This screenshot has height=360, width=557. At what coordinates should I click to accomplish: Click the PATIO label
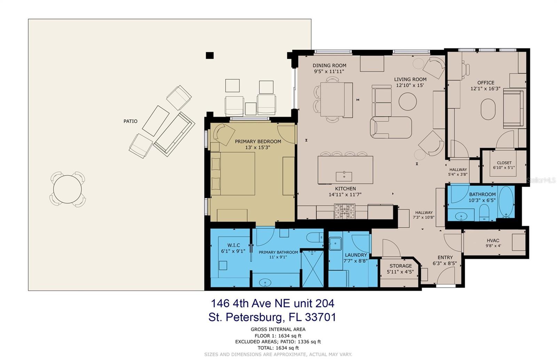point(130,121)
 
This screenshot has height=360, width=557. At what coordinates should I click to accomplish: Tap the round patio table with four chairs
point(68,189)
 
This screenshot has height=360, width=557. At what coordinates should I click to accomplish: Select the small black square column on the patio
point(210,55)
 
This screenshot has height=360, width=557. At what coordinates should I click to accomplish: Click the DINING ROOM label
point(329,66)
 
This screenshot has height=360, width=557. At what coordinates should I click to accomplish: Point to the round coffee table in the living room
point(408,101)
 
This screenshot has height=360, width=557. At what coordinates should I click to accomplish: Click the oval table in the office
point(488,109)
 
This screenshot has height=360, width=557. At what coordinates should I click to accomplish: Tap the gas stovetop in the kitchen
point(345,211)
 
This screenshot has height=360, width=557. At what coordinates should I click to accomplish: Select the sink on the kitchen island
point(344,176)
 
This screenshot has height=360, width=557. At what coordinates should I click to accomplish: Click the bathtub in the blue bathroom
point(506,202)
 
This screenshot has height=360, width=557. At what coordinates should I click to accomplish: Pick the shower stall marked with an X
point(313,269)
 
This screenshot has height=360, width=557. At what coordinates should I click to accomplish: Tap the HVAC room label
point(493,240)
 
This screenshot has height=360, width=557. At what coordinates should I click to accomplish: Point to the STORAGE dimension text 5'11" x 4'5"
point(400,272)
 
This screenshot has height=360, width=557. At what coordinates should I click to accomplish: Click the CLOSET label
point(504,163)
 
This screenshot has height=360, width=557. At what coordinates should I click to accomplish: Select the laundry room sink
point(335,243)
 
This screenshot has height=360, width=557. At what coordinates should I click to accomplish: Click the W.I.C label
point(234,245)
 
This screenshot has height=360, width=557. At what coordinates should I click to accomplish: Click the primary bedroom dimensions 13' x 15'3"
point(258,147)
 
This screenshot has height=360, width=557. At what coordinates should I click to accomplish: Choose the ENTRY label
point(445,257)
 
